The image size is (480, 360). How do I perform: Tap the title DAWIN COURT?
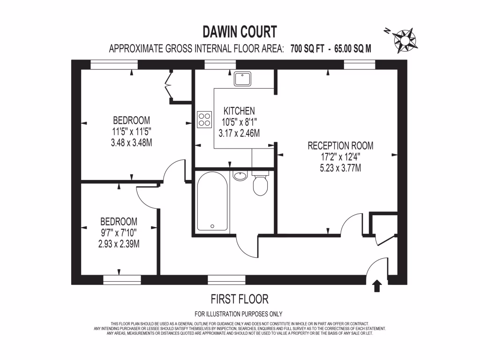point(240,31)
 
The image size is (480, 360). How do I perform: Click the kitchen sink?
point(243,79)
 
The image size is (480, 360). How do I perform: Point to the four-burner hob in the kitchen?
point(204,119)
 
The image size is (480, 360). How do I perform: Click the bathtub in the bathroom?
point(212,202)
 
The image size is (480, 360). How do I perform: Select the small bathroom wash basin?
point(240,176)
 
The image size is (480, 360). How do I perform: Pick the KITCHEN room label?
point(239,111)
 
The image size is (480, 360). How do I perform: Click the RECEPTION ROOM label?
point(341,145)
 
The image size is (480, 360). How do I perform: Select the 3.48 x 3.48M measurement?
point(128,142)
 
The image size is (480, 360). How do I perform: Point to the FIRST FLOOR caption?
point(240,299)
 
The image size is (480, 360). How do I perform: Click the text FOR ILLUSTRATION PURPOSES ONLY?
point(239,314)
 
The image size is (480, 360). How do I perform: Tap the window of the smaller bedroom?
point(122,280)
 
